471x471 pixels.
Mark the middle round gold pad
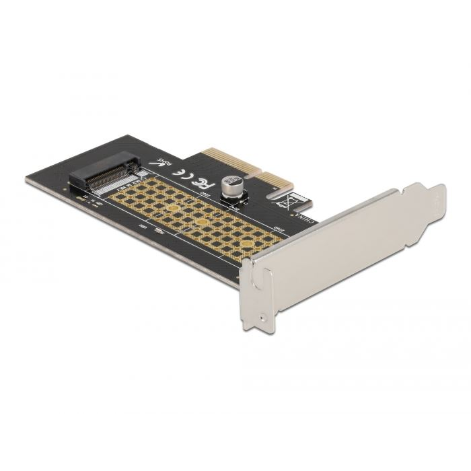point(201,222)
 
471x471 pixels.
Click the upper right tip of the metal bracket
point(440,188)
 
